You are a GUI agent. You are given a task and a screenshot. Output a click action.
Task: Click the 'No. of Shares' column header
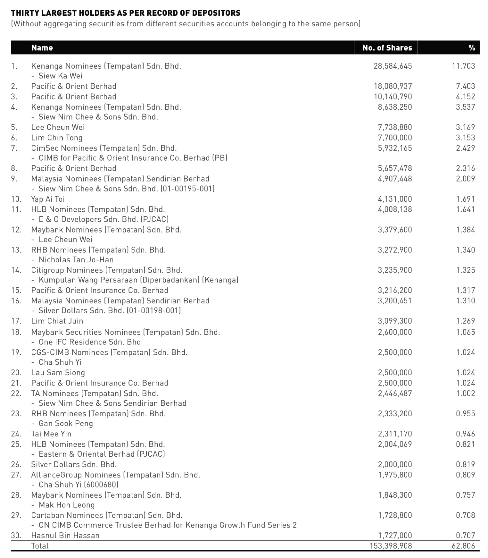click(x=387, y=48)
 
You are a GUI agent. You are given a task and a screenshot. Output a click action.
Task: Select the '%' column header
click(x=471, y=48)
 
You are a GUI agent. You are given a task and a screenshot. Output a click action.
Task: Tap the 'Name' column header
click(x=42, y=48)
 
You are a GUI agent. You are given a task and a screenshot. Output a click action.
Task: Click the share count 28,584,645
click(x=393, y=66)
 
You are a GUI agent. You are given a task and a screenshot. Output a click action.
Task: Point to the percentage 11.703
click(x=463, y=66)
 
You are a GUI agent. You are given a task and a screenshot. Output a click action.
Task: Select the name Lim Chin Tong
click(x=57, y=138)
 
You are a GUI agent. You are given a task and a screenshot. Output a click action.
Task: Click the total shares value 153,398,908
click(x=391, y=546)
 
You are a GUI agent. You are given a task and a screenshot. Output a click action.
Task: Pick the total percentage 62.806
click(x=463, y=546)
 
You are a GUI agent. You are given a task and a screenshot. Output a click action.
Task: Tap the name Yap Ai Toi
click(x=48, y=199)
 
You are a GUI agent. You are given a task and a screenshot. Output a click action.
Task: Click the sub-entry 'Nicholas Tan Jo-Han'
click(x=76, y=259)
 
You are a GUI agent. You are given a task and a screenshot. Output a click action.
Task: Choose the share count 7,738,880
click(x=395, y=127)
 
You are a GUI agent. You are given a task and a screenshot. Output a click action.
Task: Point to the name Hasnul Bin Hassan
click(x=65, y=535)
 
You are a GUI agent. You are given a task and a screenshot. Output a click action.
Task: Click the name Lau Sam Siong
click(x=58, y=372)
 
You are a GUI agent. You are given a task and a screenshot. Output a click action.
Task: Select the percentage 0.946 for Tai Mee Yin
click(x=465, y=434)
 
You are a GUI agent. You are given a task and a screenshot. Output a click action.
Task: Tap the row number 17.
click(x=16, y=321)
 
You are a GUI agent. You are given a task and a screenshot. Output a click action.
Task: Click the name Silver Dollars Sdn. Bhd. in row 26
click(x=74, y=464)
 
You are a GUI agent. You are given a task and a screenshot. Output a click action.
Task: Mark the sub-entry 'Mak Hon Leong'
click(x=67, y=505)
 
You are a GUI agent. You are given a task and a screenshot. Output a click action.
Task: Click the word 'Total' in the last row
click(x=40, y=546)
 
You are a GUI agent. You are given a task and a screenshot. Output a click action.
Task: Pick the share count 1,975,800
click(x=395, y=475)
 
